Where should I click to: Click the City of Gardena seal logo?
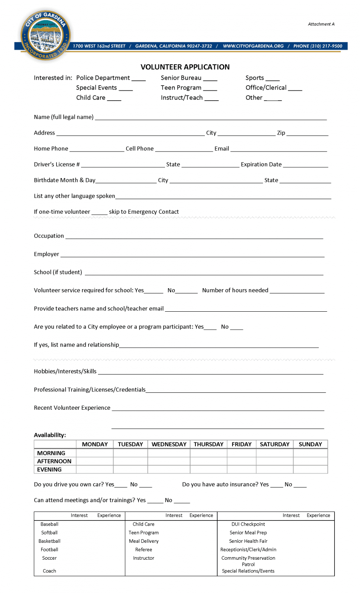(x=45, y=35)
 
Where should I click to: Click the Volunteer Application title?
(x=185, y=67)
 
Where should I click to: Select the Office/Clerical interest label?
(x=266, y=88)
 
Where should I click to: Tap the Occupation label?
(x=49, y=236)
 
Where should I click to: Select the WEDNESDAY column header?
(x=169, y=444)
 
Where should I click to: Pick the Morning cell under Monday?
(x=95, y=453)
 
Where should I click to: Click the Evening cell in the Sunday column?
(x=310, y=470)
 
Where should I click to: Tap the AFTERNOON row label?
(x=54, y=461)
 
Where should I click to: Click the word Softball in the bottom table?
(x=49, y=533)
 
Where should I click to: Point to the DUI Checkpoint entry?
(x=248, y=524)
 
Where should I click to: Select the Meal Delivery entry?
(x=143, y=541)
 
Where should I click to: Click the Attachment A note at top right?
(x=321, y=24)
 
